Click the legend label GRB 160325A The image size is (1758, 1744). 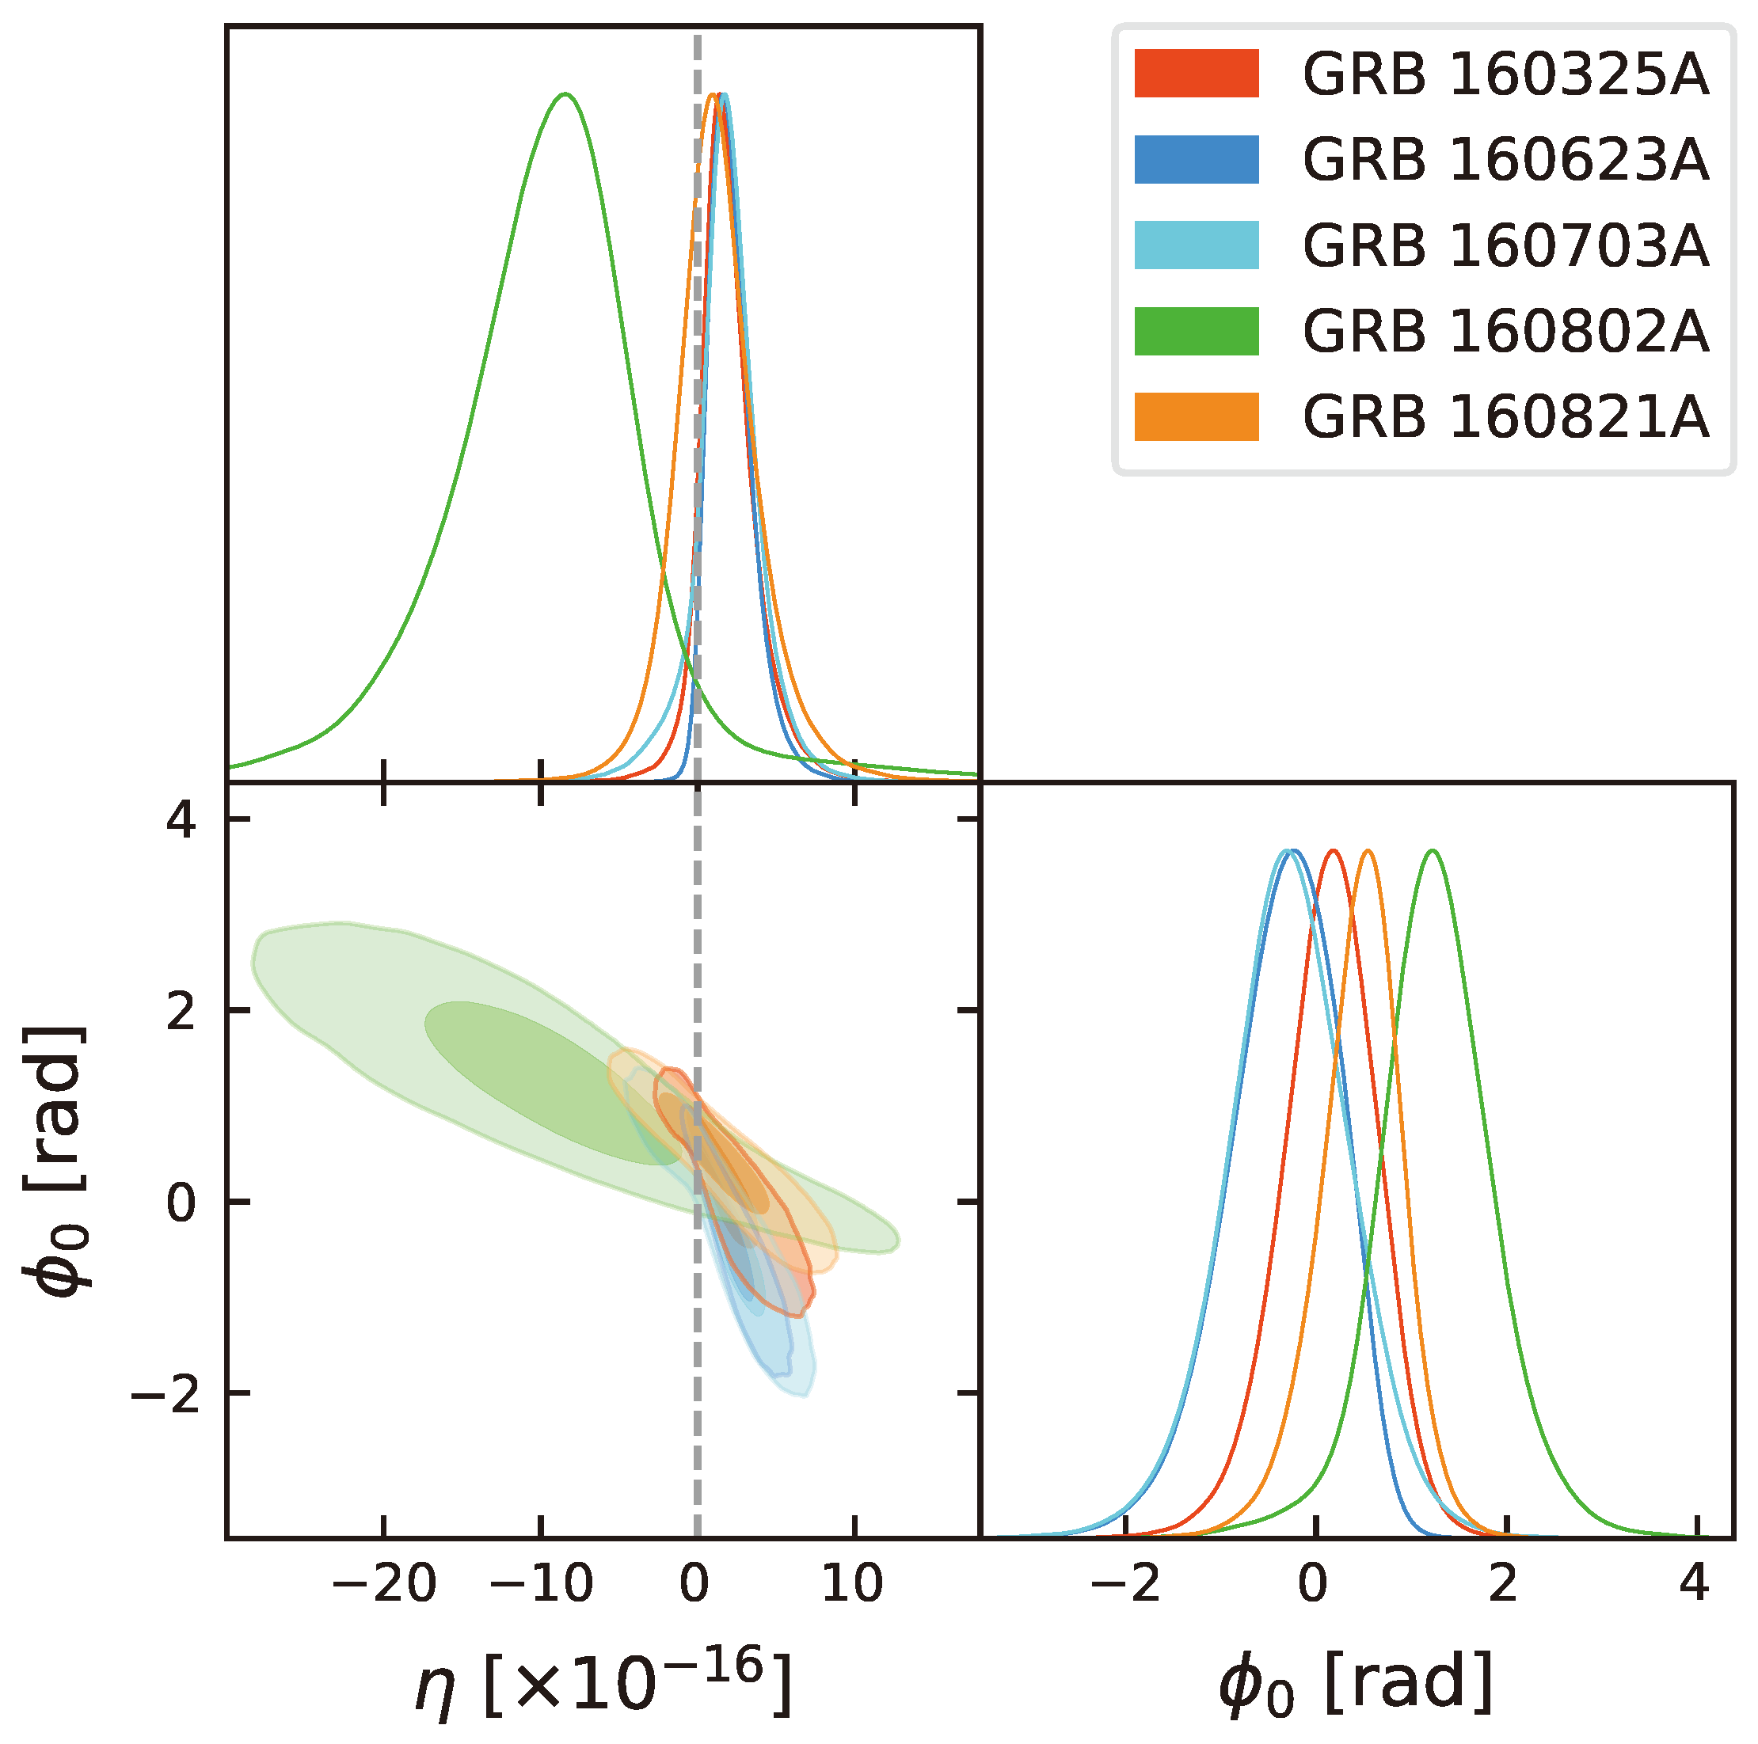tap(1505, 74)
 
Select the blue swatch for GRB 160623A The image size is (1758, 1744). tap(1196, 159)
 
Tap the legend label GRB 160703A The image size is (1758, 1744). tap(1505, 245)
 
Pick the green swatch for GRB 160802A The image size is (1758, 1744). tap(1196, 330)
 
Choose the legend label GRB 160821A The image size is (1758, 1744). tap(1505, 416)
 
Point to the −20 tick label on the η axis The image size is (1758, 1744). tap(383, 1584)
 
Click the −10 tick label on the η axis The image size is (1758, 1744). tap(541, 1584)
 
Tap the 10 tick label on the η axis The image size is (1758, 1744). tap(853, 1584)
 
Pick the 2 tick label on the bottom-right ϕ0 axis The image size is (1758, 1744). tap(1502, 1584)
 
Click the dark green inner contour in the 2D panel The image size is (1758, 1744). tap(546, 1083)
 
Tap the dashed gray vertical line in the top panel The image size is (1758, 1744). tap(697, 364)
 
